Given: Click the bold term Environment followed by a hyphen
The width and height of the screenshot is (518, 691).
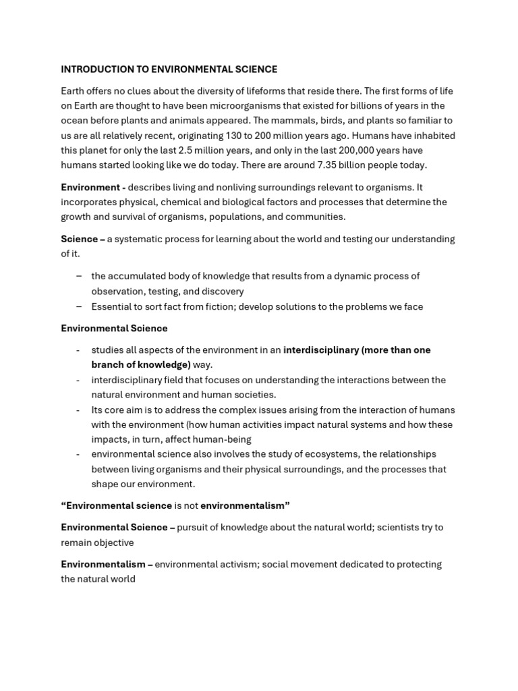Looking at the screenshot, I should pos(90,187).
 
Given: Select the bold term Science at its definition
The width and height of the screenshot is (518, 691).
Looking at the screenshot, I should pos(80,239).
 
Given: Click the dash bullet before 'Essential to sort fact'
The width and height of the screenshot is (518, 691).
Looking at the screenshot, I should pos(79,306).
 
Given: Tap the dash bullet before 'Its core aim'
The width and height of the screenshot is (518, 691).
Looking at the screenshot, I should pos(79,410).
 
